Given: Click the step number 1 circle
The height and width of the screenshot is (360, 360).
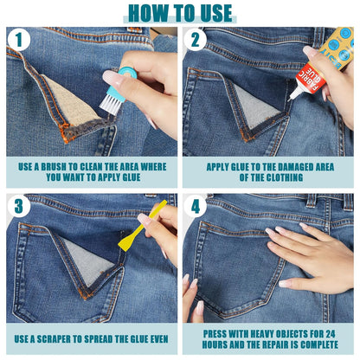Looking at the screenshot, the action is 19,40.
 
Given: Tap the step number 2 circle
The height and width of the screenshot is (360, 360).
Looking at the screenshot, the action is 195,40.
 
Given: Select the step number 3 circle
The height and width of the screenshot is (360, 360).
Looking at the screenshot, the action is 19,207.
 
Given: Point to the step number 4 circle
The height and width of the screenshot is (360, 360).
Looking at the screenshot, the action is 195,207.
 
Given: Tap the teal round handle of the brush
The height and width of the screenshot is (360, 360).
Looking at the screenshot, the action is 128,72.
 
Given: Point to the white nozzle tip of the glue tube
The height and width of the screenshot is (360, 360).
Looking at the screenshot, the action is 289,100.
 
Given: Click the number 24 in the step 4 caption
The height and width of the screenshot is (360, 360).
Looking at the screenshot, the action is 331,334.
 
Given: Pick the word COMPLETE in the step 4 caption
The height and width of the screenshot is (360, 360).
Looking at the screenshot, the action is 319,344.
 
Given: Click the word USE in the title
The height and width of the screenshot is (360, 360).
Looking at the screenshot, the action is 215,13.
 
